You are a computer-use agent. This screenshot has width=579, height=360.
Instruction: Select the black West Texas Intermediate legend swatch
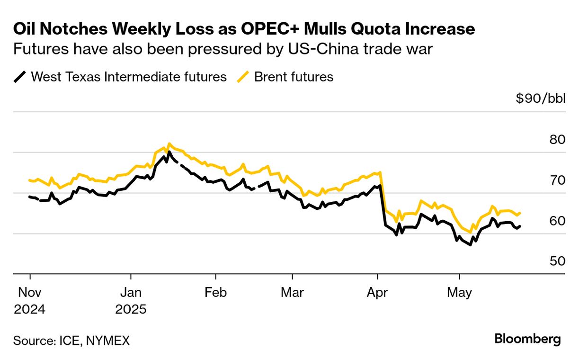point(20,77)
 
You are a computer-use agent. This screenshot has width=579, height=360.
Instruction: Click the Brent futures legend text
point(294,77)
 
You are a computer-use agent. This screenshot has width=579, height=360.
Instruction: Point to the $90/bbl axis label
point(540,99)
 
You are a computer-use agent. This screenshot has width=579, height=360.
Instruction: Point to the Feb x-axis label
point(215,292)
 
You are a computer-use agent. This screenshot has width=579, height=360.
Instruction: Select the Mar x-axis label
point(292,292)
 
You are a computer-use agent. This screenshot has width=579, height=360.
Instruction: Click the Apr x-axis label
point(377,292)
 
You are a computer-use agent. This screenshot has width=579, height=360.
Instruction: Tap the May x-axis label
point(459,292)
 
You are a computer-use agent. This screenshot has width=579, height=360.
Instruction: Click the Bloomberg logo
point(527,339)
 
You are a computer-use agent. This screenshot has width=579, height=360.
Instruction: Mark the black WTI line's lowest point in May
point(470,245)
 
